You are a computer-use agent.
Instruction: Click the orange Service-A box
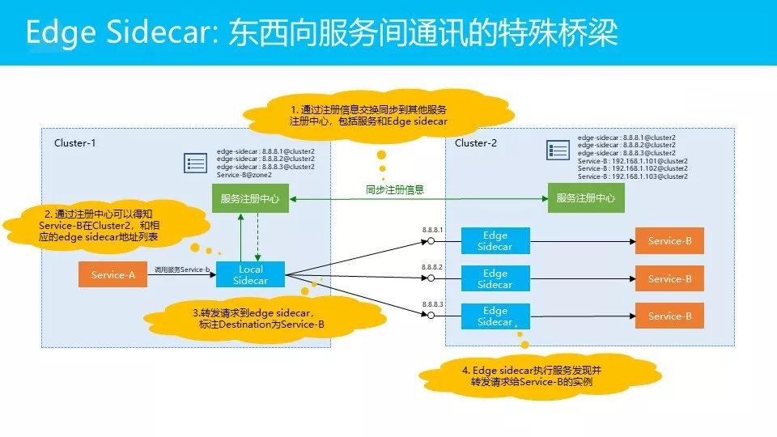click(113, 274)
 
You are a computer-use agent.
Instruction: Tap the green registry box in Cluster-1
click(250, 198)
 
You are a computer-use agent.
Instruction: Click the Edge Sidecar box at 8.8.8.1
click(495, 240)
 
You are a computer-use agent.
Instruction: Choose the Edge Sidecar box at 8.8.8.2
click(495, 278)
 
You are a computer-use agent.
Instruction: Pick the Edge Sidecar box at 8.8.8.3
click(495, 316)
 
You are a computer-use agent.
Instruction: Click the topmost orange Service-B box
click(669, 240)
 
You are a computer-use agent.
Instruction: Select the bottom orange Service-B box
click(669, 316)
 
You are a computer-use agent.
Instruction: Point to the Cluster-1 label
click(75, 143)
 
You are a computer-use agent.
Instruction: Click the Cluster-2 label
click(476, 143)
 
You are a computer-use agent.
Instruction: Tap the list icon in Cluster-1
click(195, 162)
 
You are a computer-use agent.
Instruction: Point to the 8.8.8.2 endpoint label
click(433, 266)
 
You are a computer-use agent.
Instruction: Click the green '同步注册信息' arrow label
click(394, 190)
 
